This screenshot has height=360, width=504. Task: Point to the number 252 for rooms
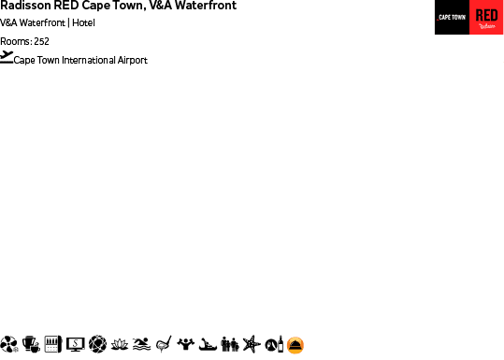(41, 41)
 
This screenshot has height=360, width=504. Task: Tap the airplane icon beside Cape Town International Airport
(7, 57)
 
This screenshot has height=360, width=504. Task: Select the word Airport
(132, 61)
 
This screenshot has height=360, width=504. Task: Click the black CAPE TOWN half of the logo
(452, 18)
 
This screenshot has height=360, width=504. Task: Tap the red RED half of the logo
(486, 18)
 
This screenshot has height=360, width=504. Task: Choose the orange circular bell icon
(295, 345)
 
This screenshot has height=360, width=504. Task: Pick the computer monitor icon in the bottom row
(75, 344)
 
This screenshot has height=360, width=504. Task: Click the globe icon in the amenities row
(97, 344)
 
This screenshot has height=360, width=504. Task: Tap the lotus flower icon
(120, 344)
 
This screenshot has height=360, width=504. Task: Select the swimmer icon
(141, 344)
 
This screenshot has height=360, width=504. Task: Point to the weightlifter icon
(185, 343)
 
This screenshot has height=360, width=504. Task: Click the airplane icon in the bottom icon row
(250, 344)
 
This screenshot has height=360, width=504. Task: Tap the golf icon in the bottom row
(163, 344)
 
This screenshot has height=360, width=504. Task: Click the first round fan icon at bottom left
(9, 344)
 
